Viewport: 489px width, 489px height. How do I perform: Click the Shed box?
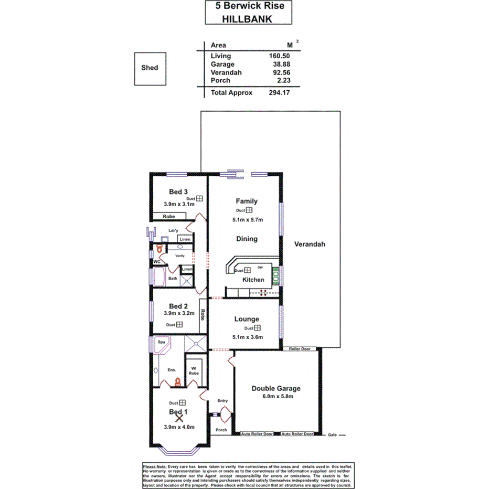click(150, 68)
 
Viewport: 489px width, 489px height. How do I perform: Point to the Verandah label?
click(310, 244)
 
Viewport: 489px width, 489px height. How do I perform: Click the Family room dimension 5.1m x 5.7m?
click(247, 220)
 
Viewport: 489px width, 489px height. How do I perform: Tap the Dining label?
click(247, 239)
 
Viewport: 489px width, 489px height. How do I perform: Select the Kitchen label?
click(253, 280)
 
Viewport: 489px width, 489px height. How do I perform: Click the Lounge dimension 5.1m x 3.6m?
click(247, 337)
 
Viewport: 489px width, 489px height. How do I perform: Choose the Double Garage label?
click(276, 388)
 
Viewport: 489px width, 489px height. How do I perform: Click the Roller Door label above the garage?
click(300, 348)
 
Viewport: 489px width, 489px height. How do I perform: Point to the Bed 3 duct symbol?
click(199, 198)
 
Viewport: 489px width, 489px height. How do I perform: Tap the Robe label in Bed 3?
click(168, 216)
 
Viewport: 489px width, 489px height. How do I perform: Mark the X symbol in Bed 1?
click(179, 416)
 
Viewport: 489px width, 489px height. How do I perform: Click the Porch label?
click(221, 430)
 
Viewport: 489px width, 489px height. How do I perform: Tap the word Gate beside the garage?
click(332, 435)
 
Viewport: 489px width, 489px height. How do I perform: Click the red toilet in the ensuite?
click(178, 381)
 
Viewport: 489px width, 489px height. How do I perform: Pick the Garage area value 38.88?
click(280, 64)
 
